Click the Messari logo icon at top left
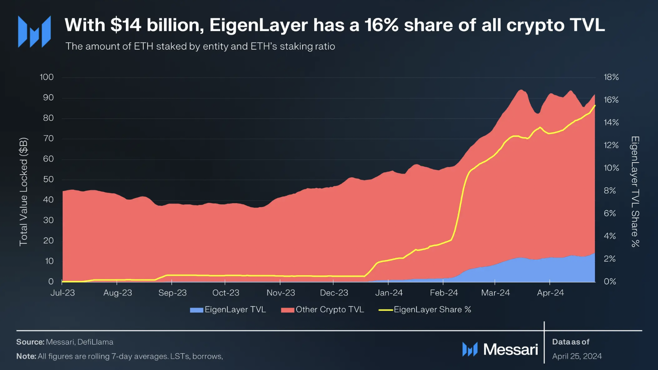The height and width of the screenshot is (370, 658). pos(34,32)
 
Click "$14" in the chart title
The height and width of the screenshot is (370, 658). pos(125,25)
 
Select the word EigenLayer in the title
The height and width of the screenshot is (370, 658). pos(258,25)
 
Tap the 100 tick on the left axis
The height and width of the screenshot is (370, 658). pos(47,77)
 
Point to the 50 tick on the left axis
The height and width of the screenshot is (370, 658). pos(48,179)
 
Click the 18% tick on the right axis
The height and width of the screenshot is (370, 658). pos(611,77)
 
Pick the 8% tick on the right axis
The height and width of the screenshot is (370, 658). pos(610,191)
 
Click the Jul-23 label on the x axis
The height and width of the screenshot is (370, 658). pos(63,293)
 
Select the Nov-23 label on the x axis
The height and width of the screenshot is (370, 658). pos(280,293)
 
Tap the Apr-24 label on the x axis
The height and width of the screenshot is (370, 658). pos(550,293)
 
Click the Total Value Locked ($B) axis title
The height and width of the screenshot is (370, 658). pos(24,192)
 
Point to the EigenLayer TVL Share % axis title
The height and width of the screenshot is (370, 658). pos(635,192)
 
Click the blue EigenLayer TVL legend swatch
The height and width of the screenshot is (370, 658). pos(196,310)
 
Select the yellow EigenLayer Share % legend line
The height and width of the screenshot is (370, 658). pos(385,310)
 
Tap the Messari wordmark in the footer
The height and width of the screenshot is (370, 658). pos(510,349)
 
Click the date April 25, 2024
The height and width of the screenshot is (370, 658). pos(577,356)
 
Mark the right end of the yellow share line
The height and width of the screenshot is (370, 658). pos(595,106)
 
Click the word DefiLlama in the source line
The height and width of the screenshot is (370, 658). pos(95,342)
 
